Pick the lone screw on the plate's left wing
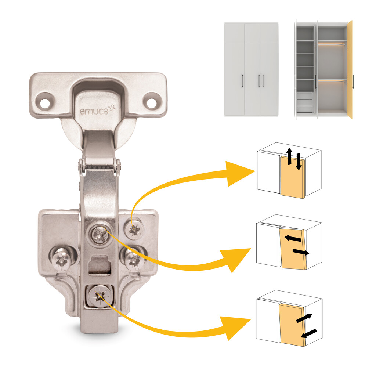[x=61, y=259]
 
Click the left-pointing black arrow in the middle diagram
[x=292, y=239]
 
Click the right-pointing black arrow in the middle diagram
[x=300, y=252]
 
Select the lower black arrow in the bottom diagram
[x=308, y=333]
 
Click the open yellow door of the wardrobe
[x=350, y=70]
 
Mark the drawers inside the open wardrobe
[x=304, y=102]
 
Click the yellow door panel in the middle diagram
[x=292, y=257]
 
